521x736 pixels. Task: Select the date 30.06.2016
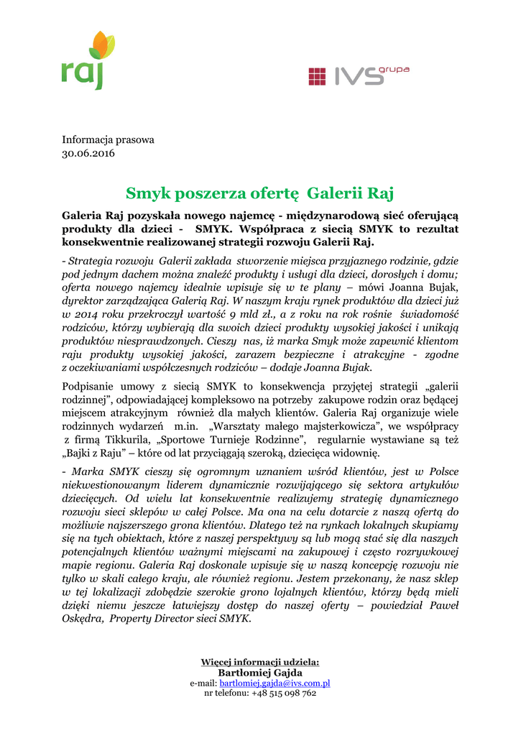[88, 153]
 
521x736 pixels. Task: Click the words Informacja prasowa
[108, 139]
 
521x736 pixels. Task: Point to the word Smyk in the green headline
[146, 193]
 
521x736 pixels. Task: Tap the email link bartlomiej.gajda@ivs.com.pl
[275, 683]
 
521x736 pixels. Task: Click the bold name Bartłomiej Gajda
[259, 672]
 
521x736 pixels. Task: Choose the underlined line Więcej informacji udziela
[259, 662]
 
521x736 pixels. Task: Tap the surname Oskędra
[84, 619]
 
